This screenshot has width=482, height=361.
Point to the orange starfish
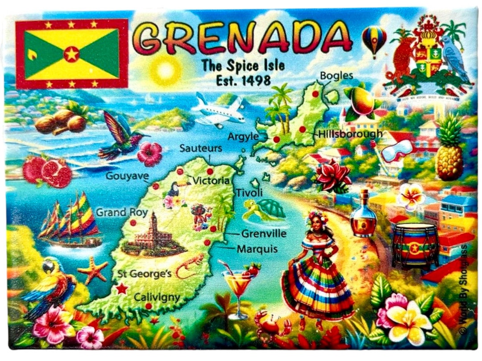[93, 270]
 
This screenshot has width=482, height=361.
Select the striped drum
[415, 245]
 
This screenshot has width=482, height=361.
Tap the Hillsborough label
[350, 133]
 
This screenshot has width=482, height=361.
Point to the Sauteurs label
[201, 148]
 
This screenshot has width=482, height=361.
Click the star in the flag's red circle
[71, 54]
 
